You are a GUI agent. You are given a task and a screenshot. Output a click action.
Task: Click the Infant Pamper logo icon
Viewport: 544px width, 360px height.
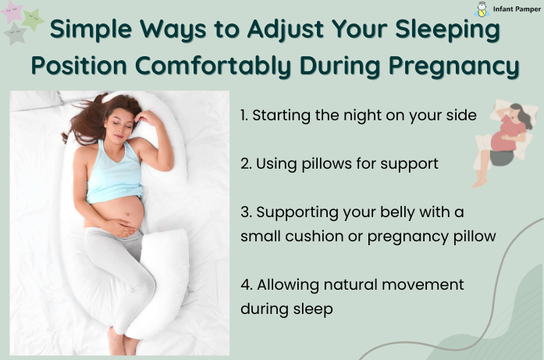pyautogui.click(x=482, y=9)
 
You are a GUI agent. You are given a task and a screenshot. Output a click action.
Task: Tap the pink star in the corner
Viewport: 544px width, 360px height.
pyautogui.click(x=12, y=11)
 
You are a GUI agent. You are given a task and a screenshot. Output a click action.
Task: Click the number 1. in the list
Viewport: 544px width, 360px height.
pyautogui.click(x=244, y=115)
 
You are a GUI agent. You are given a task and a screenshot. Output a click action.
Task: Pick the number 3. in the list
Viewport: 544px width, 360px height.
pyautogui.click(x=245, y=212)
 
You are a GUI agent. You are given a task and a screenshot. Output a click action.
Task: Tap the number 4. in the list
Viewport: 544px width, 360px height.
pyautogui.click(x=245, y=284)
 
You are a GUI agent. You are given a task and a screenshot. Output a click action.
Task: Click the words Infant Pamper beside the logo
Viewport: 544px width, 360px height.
pyautogui.click(x=516, y=9)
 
